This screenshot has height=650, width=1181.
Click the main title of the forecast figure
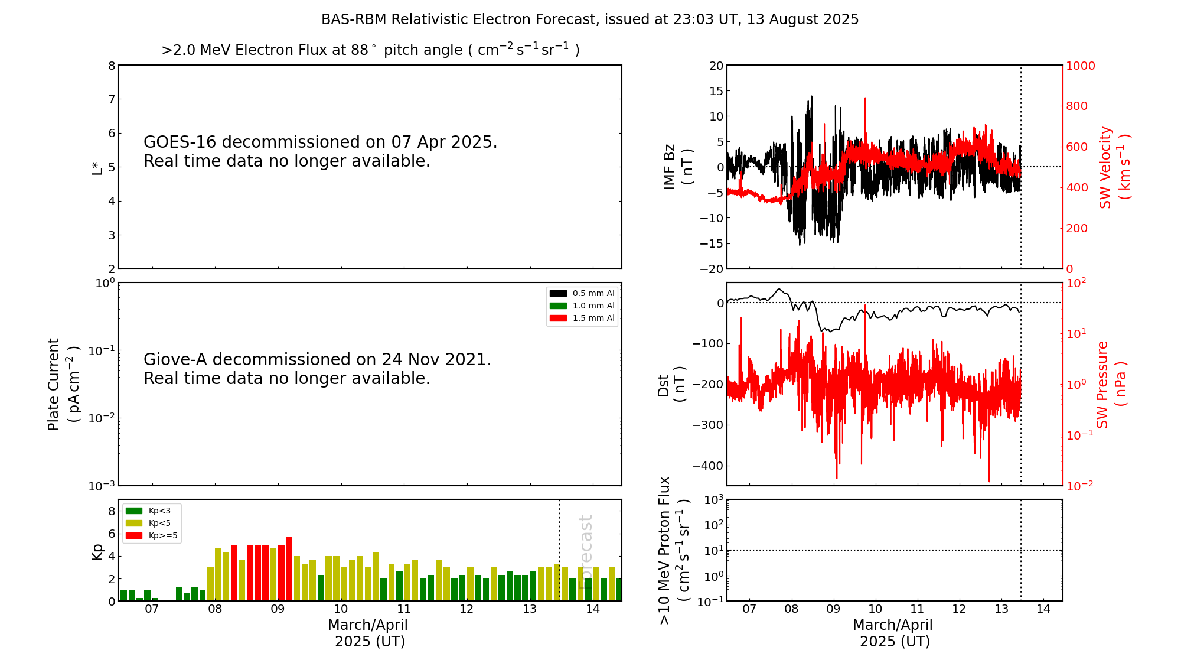click(589, 19)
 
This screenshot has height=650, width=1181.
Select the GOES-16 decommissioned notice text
click(320, 151)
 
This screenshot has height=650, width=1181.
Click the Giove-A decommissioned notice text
click(317, 369)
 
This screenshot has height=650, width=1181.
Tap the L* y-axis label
click(97, 167)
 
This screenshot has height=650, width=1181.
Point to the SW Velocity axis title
click(1114, 167)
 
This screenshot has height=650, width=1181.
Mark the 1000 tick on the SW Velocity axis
click(1080, 66)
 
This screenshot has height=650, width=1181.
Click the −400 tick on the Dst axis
click(707, 466)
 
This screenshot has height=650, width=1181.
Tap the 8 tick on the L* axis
click(112, 66)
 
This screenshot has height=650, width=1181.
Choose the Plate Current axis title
click(63, 384)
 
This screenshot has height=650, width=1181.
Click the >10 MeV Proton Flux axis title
click(674, 550)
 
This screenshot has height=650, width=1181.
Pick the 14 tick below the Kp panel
click(593, 609)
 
